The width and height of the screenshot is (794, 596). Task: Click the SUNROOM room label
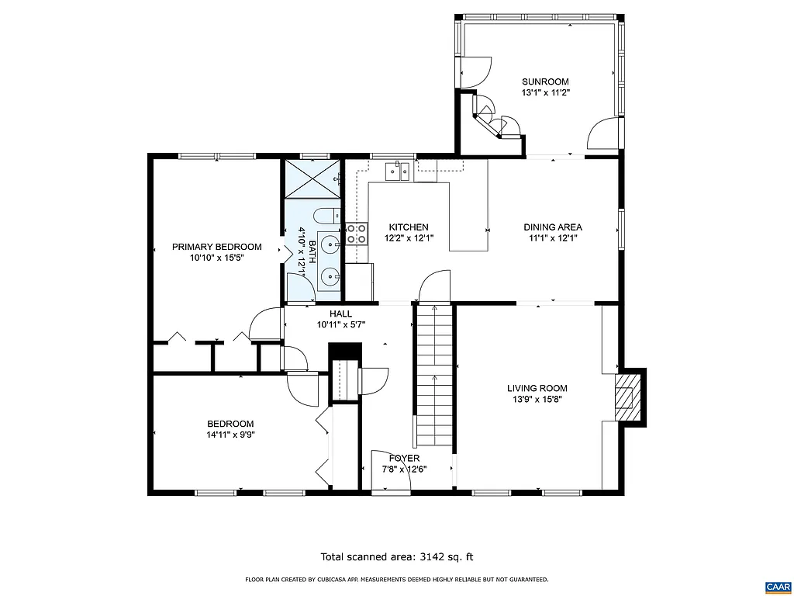(545, 81)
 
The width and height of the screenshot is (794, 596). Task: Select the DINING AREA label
(554, 227)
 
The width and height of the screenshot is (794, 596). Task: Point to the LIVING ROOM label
(537, 388)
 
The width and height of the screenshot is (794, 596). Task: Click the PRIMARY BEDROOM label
(216, 247)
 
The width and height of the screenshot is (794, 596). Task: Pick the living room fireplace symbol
(625, 397)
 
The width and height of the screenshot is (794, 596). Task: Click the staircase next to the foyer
(433, 376)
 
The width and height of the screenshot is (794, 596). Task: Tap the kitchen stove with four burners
(357, 234)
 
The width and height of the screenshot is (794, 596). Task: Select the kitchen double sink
(399, 172)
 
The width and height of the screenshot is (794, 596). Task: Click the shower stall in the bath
(313, 178)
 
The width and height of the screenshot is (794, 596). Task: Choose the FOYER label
(404, 458)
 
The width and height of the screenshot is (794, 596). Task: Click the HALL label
(340, 314)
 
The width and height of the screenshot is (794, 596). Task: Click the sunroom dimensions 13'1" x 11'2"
(545, 92)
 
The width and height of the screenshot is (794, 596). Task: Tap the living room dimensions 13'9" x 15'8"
(537, 400)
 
